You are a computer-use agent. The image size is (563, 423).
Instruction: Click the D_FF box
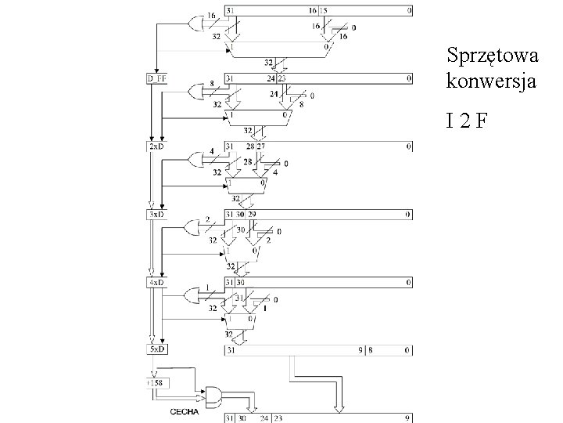[157, 78]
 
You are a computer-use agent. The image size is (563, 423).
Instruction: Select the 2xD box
[156, 146]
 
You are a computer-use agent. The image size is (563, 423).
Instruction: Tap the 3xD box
[156, 214]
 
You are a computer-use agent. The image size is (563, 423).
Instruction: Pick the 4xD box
[156, 281]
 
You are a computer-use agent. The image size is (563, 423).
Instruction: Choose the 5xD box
[156, 349]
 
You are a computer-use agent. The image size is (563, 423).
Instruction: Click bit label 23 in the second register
[281, 78]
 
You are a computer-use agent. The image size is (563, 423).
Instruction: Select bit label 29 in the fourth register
[251, 214]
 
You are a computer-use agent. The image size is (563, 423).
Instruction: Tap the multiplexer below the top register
[278, 49]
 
